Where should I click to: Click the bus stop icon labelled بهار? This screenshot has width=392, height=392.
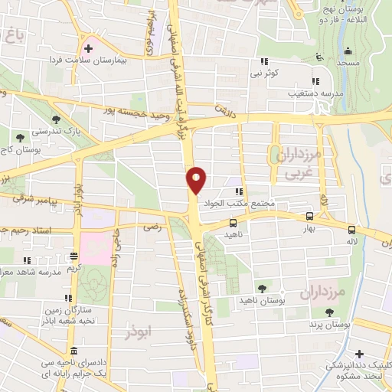pos(309,217)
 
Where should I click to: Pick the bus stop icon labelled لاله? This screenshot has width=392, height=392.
pos(351,229)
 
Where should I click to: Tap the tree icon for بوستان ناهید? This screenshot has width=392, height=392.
pos(263,288)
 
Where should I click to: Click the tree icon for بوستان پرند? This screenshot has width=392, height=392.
pos(329,312)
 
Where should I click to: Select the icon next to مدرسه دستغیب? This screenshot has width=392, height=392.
pos(315,80)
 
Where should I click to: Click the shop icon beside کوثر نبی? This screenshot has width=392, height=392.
pos(265,62)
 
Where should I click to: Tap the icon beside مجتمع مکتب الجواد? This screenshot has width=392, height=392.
pos(239,191)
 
